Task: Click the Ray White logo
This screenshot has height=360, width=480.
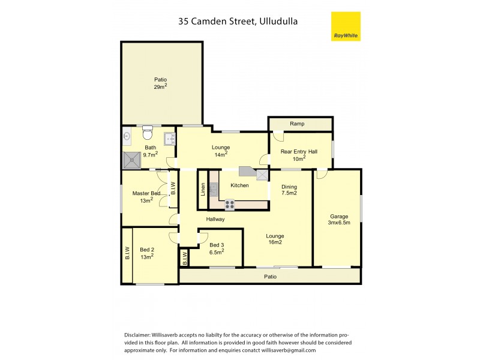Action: [x=346, y=26]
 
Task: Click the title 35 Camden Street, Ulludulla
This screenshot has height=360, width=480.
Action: [x=238, y=21]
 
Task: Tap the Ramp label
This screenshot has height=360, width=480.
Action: [x=297, y=124]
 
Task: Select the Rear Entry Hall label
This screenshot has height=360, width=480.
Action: [x=299, y=155]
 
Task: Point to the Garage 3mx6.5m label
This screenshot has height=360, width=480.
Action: [x=339, y=220]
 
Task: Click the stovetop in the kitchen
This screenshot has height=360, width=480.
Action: [x=229, y=205]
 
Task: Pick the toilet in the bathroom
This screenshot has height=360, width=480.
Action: [x=148, y=132]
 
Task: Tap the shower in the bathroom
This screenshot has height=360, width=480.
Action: [x=131, y=160]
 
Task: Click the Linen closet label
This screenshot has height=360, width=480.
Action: [x=203, y=190]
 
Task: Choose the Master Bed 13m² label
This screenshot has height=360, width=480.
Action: [x=146, y=197]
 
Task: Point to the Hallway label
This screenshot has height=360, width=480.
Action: [x=215, y=219]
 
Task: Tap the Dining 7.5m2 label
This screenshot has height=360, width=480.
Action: [x=289, y=190]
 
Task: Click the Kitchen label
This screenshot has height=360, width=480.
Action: [x=239, y=185]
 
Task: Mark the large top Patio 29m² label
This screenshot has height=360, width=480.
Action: [x=160, y=83]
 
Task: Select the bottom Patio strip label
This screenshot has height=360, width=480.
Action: [x=271, y=277]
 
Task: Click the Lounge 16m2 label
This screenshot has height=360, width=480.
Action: [x=275, y=239]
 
